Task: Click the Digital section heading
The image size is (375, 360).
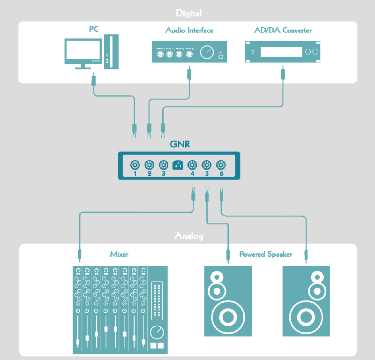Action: (x=188, y=13)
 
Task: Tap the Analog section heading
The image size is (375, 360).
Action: (x=188, y=236)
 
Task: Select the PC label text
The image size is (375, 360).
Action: (x=94, y=29)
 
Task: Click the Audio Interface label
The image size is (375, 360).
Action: (x=189, y=30)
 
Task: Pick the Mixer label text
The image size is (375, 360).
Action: (x=119, y=255)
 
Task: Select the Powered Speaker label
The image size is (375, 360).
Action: (x=265, y=255)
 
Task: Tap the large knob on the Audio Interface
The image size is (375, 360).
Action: (x=206, y=52)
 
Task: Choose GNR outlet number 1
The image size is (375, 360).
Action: (x=135, y=165)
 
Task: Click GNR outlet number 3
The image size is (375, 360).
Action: (x=164, y=165)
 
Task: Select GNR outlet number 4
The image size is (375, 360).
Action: (x=192, y=165)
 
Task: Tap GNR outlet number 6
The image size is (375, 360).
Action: (x=221, y=165)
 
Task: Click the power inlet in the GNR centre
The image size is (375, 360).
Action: (x=178, y=165)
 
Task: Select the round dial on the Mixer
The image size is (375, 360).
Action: (x=157, y=333)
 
